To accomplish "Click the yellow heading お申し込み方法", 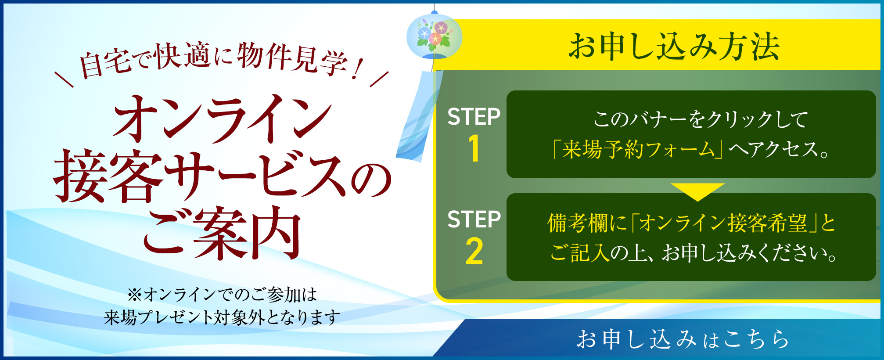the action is point(674,46).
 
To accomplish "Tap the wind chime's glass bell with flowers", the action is point(434,36).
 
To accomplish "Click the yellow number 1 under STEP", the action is point(474,148).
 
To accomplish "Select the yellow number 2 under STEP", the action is point(474,252).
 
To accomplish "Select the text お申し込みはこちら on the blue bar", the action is point(683,339).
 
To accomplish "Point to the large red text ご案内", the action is point(222,234).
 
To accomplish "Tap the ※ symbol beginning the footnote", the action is point(134,295).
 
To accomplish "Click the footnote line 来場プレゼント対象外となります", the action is point(222,317).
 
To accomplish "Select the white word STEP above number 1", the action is point(474,117).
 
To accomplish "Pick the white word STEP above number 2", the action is point(474,220).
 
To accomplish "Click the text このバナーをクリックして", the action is point(701,119).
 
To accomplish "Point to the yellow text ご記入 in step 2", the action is point(579,253).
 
